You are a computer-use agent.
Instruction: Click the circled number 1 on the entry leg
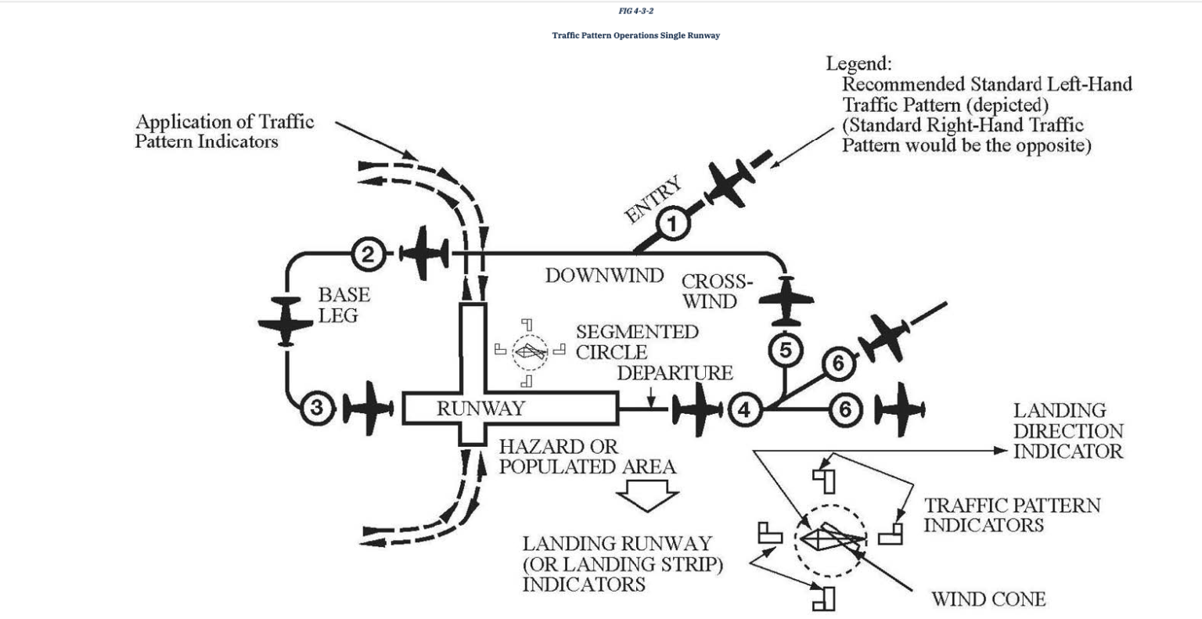coord(671,225)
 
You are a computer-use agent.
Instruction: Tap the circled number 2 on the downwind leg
coord(368,253)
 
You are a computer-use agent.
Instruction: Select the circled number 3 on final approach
coord(317,408)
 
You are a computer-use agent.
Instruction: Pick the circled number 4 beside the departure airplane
coord(744,409)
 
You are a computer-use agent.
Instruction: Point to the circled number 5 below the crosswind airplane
coord(785,350)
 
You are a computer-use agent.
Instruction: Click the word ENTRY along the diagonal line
coord(653,200)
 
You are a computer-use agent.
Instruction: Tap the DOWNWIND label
coord(604,275)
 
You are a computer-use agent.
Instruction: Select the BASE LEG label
coord(344,305)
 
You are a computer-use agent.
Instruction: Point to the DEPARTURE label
coord(675,373)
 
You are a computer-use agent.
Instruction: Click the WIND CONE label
coord(988,599)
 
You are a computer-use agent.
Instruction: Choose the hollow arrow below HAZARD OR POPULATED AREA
coord(646,495)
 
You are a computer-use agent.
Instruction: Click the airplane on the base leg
coord(285,321)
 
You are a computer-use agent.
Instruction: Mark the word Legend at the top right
coord(858,64)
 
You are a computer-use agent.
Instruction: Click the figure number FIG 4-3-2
coord(635,11)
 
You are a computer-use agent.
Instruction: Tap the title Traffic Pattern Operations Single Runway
coord(635,35)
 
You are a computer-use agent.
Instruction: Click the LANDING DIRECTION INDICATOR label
coord(1067,431)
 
